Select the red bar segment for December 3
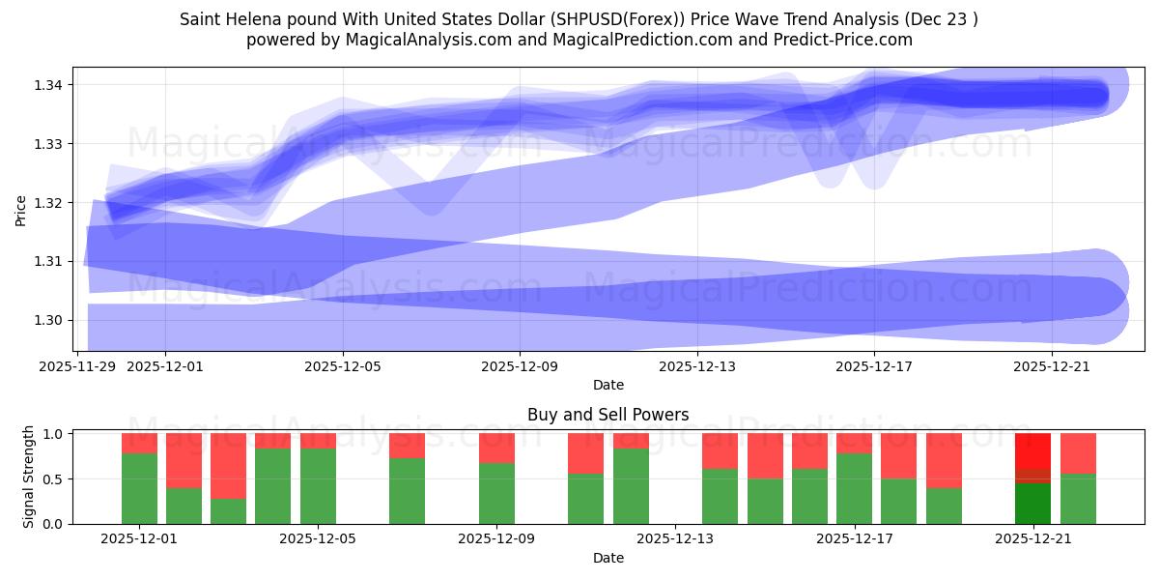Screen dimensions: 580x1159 228,466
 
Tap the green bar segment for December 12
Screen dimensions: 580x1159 631,485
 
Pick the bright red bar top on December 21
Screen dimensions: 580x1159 1032,450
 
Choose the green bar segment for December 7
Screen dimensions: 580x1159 407,490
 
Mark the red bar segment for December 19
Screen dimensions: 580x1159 944,460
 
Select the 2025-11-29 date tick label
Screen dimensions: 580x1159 77,366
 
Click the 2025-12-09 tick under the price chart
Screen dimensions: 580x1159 520,366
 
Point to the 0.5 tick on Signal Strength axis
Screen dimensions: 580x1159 53,479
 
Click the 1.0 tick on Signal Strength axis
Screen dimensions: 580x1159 53,434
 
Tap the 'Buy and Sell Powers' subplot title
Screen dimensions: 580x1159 608,415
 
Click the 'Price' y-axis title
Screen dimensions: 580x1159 21,209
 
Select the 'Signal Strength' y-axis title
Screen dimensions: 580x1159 28,477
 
